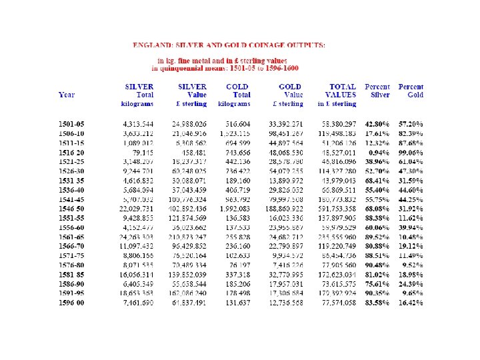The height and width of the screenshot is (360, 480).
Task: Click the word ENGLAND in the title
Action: click(x=154, y=45)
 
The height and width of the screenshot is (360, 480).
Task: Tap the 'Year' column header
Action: click(x=67, y=95)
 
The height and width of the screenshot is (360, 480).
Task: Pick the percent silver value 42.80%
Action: click(x=377, y=124)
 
